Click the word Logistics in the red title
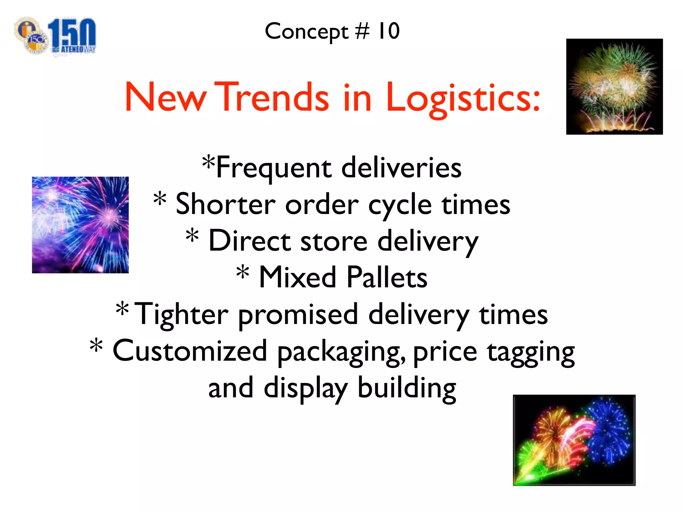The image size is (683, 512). point(463,97)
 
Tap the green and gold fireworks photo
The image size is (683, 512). point(614,87)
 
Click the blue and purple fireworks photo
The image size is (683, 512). point(80,225)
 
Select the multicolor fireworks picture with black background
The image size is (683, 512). point(574,440)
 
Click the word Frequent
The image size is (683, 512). point(273,168)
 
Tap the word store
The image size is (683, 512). point(334,241)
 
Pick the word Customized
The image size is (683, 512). point(190,351)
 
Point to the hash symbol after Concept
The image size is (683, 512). point(362,31)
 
